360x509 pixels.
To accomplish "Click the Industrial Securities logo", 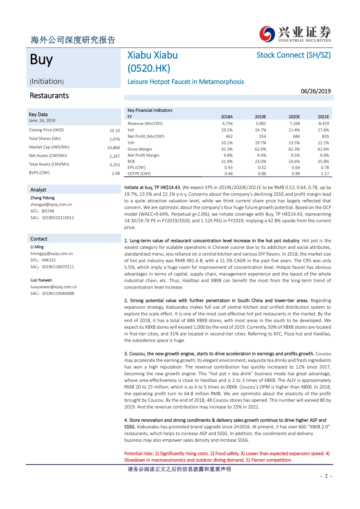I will pos(295,34).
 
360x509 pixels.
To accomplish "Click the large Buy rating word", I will pos(41,60).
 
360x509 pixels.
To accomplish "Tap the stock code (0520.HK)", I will pos(149,69).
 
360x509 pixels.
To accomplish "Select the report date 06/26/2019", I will pos(316,91).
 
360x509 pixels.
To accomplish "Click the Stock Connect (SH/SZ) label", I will pos(293,55).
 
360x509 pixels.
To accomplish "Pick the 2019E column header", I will pos(260,117).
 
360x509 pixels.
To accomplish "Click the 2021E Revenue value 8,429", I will pos(323,123).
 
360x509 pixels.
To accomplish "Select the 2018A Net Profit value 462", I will pos(229,136).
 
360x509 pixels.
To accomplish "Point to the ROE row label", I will pos(131,161).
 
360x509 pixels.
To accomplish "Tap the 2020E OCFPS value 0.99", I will pos(296,174).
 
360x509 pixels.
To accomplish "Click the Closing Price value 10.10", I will pos(114,131).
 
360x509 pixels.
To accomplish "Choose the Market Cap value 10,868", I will pos(113,148).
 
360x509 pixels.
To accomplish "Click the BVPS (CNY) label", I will pos(39,173).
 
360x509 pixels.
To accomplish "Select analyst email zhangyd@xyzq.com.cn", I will pos(51,205).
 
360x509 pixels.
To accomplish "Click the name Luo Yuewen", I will pos(41,280).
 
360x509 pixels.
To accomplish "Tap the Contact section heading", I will pos(39,239).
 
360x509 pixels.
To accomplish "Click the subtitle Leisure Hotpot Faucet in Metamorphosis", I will pos(186,82).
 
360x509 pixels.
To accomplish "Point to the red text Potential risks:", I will pos(139,454).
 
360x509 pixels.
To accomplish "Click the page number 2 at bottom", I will pos(326,476).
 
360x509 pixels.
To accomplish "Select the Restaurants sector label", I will pos(49,96).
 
